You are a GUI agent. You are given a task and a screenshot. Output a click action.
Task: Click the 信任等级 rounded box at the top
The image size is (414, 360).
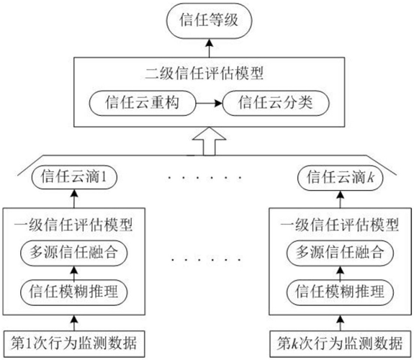click(x=209, y=21)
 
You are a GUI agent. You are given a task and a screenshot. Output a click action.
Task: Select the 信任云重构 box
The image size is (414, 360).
click(x=143, y=103)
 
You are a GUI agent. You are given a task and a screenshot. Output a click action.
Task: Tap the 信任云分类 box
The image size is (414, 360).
click(x=276, y=103)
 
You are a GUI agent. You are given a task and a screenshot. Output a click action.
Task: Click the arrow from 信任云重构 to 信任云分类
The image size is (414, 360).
click(x=210, y=103)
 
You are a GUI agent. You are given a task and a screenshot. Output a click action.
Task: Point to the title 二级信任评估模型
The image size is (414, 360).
click(x=204, y=73)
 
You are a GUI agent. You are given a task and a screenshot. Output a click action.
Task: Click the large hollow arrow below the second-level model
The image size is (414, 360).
click(x=209, y=141)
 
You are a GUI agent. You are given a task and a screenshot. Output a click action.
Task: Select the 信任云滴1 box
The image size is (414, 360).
click(x=74, y=176)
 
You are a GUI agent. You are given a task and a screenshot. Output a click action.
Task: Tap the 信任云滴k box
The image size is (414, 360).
click(x=341, y=178)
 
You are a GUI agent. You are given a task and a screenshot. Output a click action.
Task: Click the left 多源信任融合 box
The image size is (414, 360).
click(x=74, y=253)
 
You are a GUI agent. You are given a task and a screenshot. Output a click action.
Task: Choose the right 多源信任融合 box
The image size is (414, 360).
click(x=340, y=253)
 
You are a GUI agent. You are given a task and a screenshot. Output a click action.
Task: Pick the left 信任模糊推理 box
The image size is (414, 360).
click(x=74, y=292)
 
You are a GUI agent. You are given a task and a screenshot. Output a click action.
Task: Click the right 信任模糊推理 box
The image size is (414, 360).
click(x=340, y=292)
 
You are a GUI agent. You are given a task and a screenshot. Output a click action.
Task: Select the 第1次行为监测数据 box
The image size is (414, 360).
click(x=74, y=343)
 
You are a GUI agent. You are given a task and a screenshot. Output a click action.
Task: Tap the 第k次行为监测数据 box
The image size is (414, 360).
click(x=340, y=343)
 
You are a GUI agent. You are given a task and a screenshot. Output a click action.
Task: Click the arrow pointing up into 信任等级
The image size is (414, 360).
click(x=209, y=48)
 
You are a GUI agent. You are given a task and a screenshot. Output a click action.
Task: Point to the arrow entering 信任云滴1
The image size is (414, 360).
click(x=74, y=198)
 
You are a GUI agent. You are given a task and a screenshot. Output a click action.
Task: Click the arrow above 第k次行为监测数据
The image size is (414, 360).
click(x=340, y=323)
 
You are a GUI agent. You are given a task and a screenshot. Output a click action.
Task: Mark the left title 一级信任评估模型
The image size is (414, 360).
click(x=73, y=225)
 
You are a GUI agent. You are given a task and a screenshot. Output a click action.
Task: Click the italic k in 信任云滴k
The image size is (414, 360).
click(x=371, y=177)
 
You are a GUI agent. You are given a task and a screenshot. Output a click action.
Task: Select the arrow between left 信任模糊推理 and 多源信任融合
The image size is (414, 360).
click(x=74, y=273)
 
